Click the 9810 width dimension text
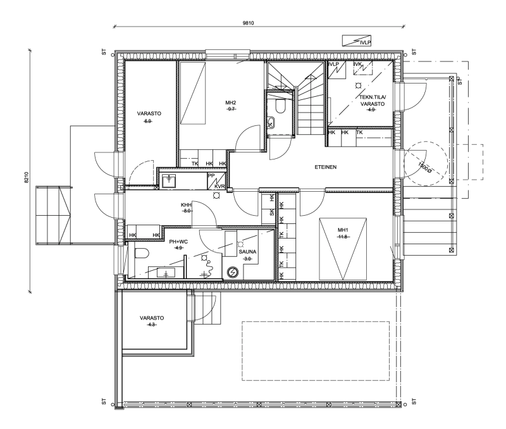coord(248,23)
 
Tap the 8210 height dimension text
coord(27,177)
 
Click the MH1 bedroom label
coord(343,230)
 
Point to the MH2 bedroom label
coord(231,103)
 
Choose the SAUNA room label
coord(247,252)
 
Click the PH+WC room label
coord(178,242)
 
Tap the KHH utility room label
coord(186,205)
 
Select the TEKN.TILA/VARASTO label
coord(373,101)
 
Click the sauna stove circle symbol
coord(232,273)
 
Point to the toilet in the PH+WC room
coord(141,253)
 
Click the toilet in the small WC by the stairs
coord(280,106)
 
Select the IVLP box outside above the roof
coord(357,40)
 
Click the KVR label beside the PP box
coord(219,187)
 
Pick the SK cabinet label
coord(272,213)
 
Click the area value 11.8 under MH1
coord(343,237)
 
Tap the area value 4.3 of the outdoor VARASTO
coord(152,325)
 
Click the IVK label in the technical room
coord(357,65)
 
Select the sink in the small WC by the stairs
coord(271,122)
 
